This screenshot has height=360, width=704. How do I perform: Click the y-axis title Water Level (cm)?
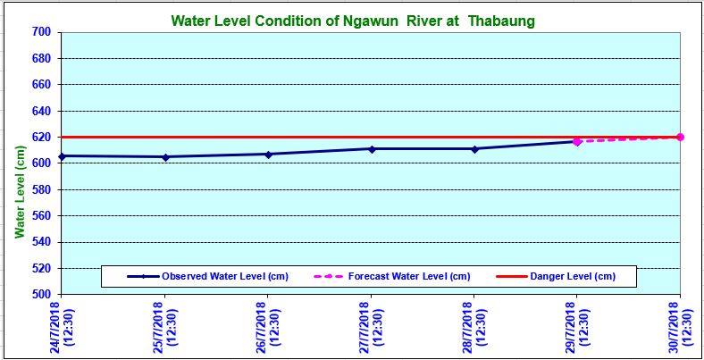(x=20, y=193)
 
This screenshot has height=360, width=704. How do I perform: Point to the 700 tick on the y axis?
(x=43, y=33)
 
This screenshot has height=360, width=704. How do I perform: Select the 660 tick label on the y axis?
(x=43, y=85)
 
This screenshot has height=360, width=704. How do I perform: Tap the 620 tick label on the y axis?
(x=43, y=138)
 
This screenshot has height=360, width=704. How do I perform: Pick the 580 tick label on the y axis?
(x=43, y=190)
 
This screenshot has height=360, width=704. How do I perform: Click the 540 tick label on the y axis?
(x=43, y=242)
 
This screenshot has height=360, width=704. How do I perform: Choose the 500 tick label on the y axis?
(x=43, y=295)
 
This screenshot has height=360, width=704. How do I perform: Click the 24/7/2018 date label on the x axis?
(x=61, y=327)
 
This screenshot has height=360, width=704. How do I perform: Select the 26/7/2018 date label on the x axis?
(x=267, y=327)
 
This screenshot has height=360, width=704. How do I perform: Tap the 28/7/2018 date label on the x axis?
(x=474, y=327)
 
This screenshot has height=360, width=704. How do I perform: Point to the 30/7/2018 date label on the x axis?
(x=681, y=327)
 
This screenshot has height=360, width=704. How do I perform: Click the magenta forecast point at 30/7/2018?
(x=680, y=137)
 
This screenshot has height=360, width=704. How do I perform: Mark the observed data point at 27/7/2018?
(x=371, y=148)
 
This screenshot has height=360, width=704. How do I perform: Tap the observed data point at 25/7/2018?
(x=164, y=157)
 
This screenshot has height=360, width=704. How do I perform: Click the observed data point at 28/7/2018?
(x=474, y=148)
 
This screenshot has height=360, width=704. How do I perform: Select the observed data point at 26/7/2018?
(x=267, y=154)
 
